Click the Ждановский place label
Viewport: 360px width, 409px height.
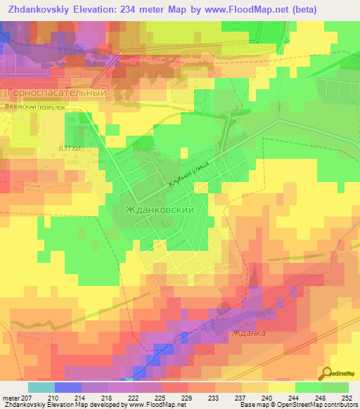[x=158, y=209]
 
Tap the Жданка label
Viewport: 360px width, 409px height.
[x=247, y=332]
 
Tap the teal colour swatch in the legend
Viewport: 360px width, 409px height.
[x=41, y=387]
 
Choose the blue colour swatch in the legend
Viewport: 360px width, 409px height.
[x=67, y=387]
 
